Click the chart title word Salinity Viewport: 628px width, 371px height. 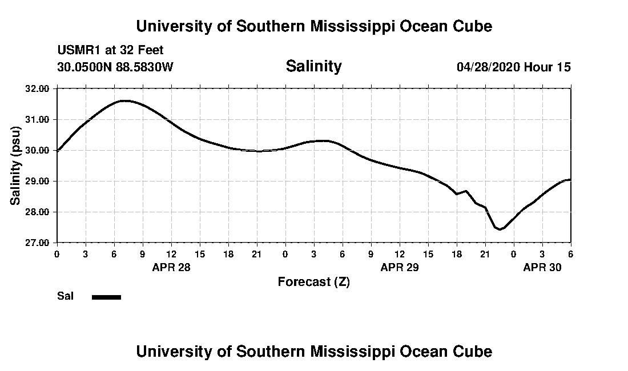point(313,66)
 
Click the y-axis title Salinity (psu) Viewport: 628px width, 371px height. point(16,166)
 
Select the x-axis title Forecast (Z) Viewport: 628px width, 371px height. point(313,281)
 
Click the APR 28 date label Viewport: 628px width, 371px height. point(171,267)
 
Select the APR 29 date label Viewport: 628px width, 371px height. point(400,267)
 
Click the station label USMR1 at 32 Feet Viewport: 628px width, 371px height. point(110,51)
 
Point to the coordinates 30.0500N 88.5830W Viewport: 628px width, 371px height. point(115,67)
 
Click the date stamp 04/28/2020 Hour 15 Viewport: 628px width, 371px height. point(513,67)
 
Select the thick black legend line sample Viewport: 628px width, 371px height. point(106,297)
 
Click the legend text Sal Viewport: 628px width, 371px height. point(65,296)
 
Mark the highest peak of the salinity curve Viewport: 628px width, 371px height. point(124,101)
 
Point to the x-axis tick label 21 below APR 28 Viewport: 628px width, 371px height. point(257,253)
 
